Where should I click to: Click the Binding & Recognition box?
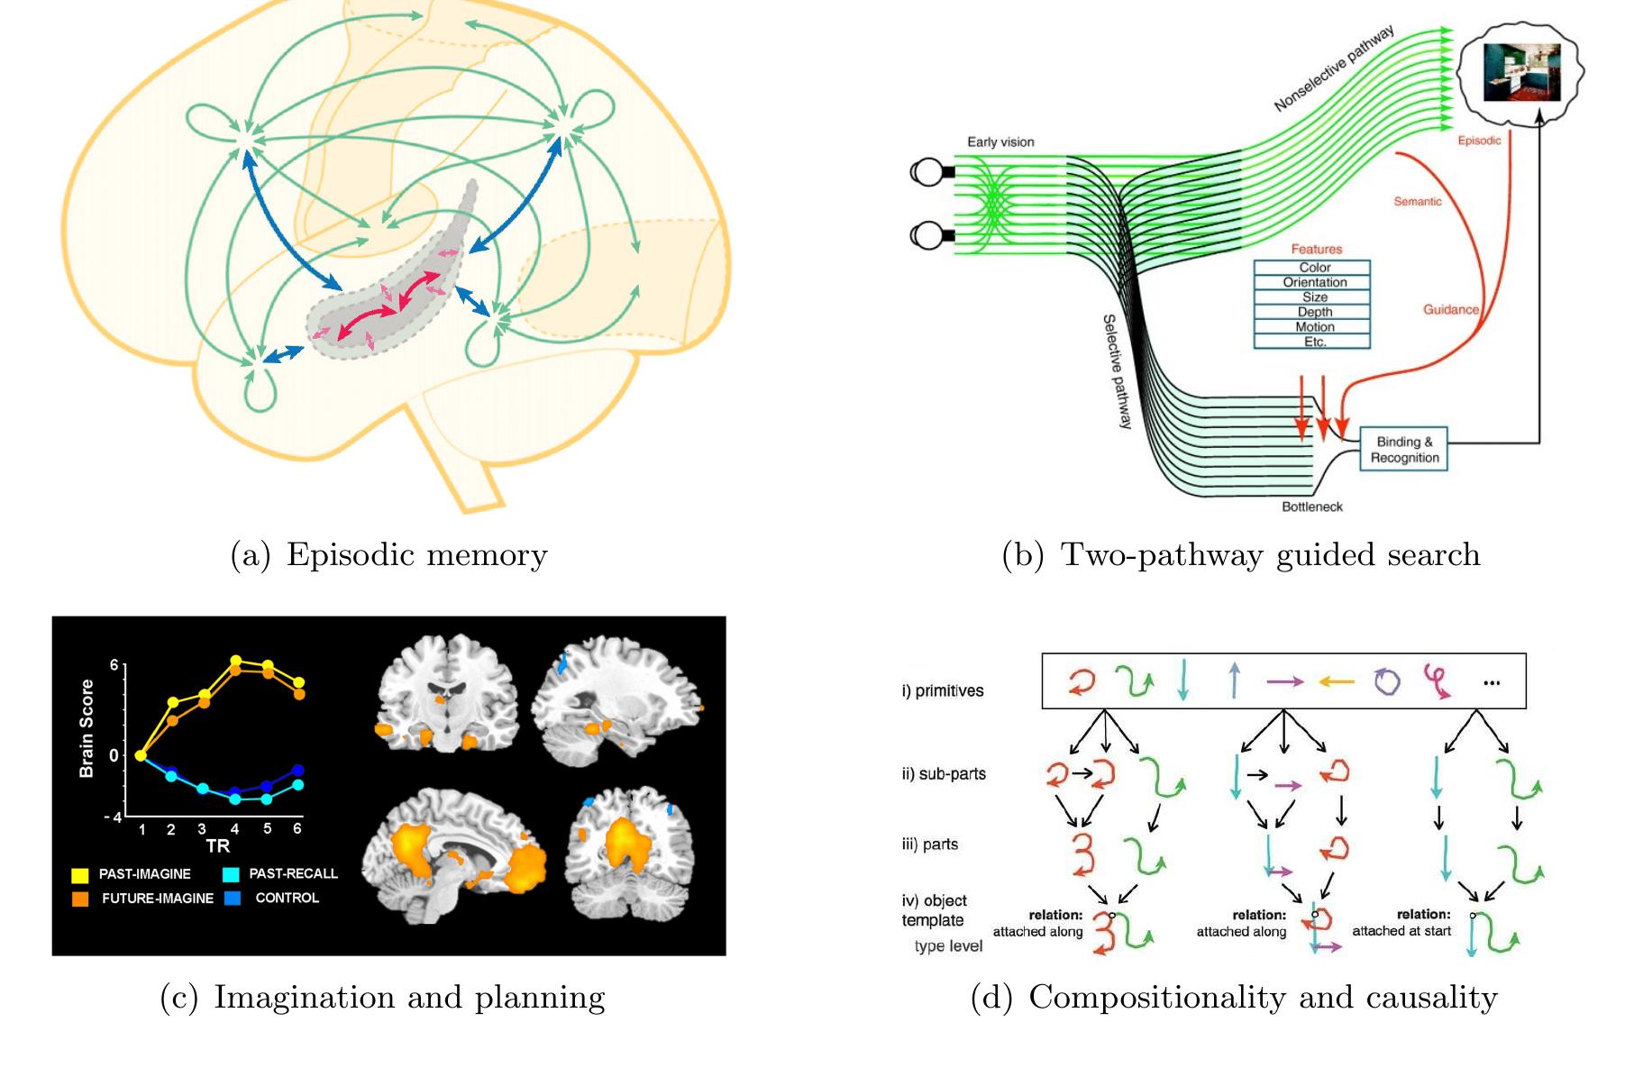[1404, 449]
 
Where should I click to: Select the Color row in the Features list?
[1312, 268]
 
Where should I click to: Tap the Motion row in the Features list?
[1312, 327]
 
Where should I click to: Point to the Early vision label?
[1000, 141]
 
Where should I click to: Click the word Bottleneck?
[1312, 507]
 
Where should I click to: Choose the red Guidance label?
[1451, 309]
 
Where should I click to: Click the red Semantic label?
[1418, 202]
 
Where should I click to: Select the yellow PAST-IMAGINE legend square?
[80, 873]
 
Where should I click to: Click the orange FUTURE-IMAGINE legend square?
[80, 898]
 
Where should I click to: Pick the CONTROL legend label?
[287, 898]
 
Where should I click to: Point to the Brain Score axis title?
[87, 728]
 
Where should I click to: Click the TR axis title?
[217, 846]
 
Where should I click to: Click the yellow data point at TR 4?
[236, 662]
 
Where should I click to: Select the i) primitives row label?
[943, 691]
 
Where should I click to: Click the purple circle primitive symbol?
[1388, 681]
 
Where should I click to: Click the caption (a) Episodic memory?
[389, 554]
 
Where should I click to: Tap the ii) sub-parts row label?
[944, 773]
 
